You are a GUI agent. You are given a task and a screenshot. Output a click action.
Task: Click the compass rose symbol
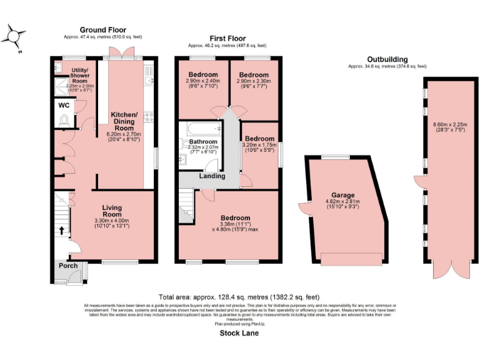pos(14,37)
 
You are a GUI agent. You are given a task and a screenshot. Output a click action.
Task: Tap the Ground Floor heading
pos(102,30)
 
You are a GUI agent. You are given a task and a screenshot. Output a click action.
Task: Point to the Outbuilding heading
pos(387,59)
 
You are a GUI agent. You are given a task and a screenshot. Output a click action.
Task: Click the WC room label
pos(63,106)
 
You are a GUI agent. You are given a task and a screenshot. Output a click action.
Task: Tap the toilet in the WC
pos(62,122)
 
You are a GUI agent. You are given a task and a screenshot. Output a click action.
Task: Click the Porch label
pos(68,266)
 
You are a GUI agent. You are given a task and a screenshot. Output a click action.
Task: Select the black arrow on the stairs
pos(61,230)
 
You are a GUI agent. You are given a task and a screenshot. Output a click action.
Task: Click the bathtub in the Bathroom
pos(202,129)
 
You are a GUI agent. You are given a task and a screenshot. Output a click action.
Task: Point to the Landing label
pos(212,176)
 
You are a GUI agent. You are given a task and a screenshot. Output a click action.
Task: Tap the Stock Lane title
pos(239,334)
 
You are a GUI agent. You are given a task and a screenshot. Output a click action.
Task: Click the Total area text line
pos(239,297)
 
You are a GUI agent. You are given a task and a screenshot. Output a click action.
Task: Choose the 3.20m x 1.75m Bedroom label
pos(259,139)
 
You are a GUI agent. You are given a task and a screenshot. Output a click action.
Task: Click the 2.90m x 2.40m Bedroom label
pos(203,75)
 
